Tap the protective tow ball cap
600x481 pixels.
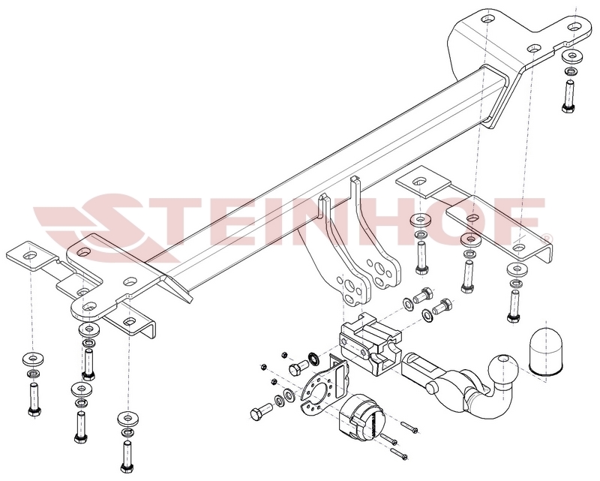(546, 350)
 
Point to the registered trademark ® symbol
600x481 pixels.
(548, 238)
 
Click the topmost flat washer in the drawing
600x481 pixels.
(571, 57)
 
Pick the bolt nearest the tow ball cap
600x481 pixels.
(514, 305)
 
